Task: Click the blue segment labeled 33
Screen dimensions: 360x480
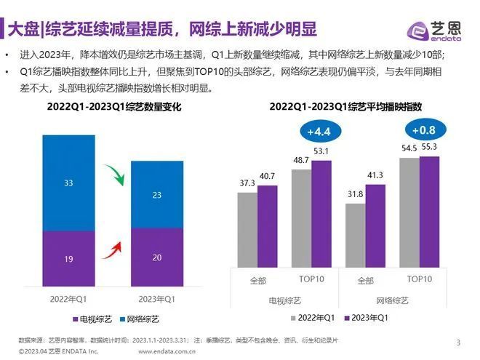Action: coord(68,183)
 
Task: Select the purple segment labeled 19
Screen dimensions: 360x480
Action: coord(68,258)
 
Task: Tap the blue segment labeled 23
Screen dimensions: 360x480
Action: coord(156,195)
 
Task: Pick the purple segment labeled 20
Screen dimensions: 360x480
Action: coord(156,257)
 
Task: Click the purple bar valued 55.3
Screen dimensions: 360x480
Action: coord(429,212)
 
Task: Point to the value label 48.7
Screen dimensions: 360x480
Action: coord(300,160)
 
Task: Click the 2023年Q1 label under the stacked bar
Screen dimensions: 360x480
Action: coord(156,299)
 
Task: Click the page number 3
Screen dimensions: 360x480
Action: coord(458,343)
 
